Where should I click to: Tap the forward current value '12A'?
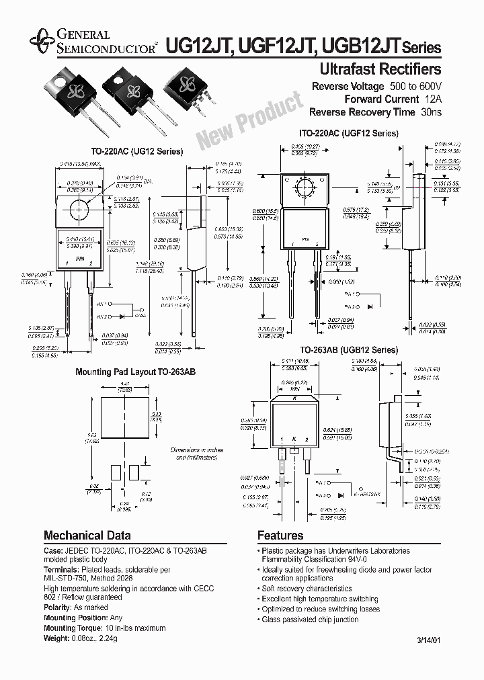pos(433,99)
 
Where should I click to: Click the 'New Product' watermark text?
pos(249,119)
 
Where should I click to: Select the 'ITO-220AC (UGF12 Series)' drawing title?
pos(348,133)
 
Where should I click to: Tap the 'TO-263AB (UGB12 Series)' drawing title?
pos(348,350)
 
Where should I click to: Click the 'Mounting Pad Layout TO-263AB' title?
pos(125,372)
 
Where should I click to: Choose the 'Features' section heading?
pos(280,536)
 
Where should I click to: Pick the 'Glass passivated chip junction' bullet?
pos(311,619)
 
